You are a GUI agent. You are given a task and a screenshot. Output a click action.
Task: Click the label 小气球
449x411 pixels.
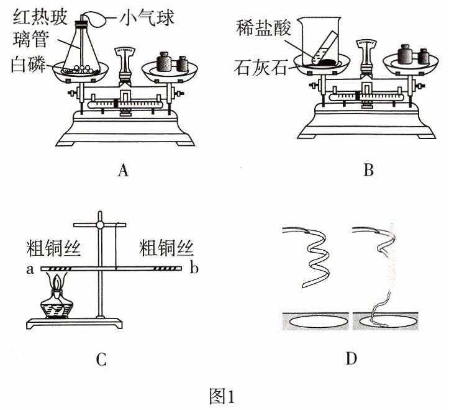[147, 17]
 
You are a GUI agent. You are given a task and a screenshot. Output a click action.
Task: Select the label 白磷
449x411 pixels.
[29, 65]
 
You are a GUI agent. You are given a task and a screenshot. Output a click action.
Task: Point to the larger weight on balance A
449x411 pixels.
[164, 62]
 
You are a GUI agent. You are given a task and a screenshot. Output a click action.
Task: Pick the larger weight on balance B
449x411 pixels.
[405, 55]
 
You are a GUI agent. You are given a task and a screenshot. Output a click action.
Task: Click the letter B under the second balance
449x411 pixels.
[368, 170]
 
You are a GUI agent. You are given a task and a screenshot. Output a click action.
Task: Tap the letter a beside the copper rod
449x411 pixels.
[30, 269]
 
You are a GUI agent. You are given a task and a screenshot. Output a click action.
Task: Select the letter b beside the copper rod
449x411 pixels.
[194, 268]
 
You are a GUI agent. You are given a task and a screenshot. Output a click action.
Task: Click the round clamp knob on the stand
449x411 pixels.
[99, 225]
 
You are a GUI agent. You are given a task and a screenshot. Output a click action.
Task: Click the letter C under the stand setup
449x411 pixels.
[101, 359]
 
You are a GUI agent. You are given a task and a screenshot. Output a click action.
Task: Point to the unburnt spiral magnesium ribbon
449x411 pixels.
[314, 256]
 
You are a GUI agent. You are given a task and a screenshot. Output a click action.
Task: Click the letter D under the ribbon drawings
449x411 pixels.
[351, 358]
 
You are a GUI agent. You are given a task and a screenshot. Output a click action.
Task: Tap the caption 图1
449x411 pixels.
[222, 396]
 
